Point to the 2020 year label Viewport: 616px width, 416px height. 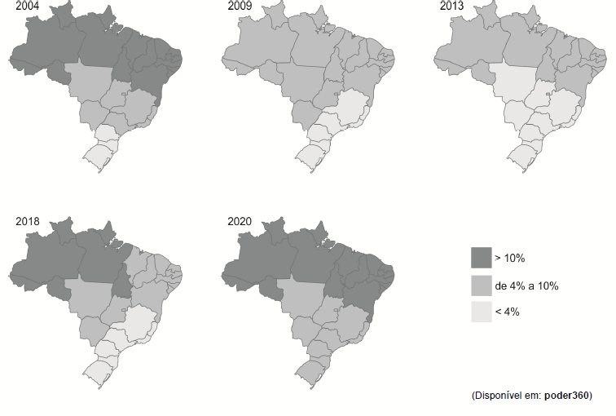click(238, 221)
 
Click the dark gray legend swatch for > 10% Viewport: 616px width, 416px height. click(482, 259)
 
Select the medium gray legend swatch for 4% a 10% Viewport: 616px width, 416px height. click(482, 285)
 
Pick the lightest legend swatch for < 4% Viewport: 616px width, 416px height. click(482, 312)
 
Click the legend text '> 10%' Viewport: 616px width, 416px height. click(511, 259)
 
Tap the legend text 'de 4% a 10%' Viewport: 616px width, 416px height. click(526, 285)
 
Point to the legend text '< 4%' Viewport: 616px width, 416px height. click(508, 312)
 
